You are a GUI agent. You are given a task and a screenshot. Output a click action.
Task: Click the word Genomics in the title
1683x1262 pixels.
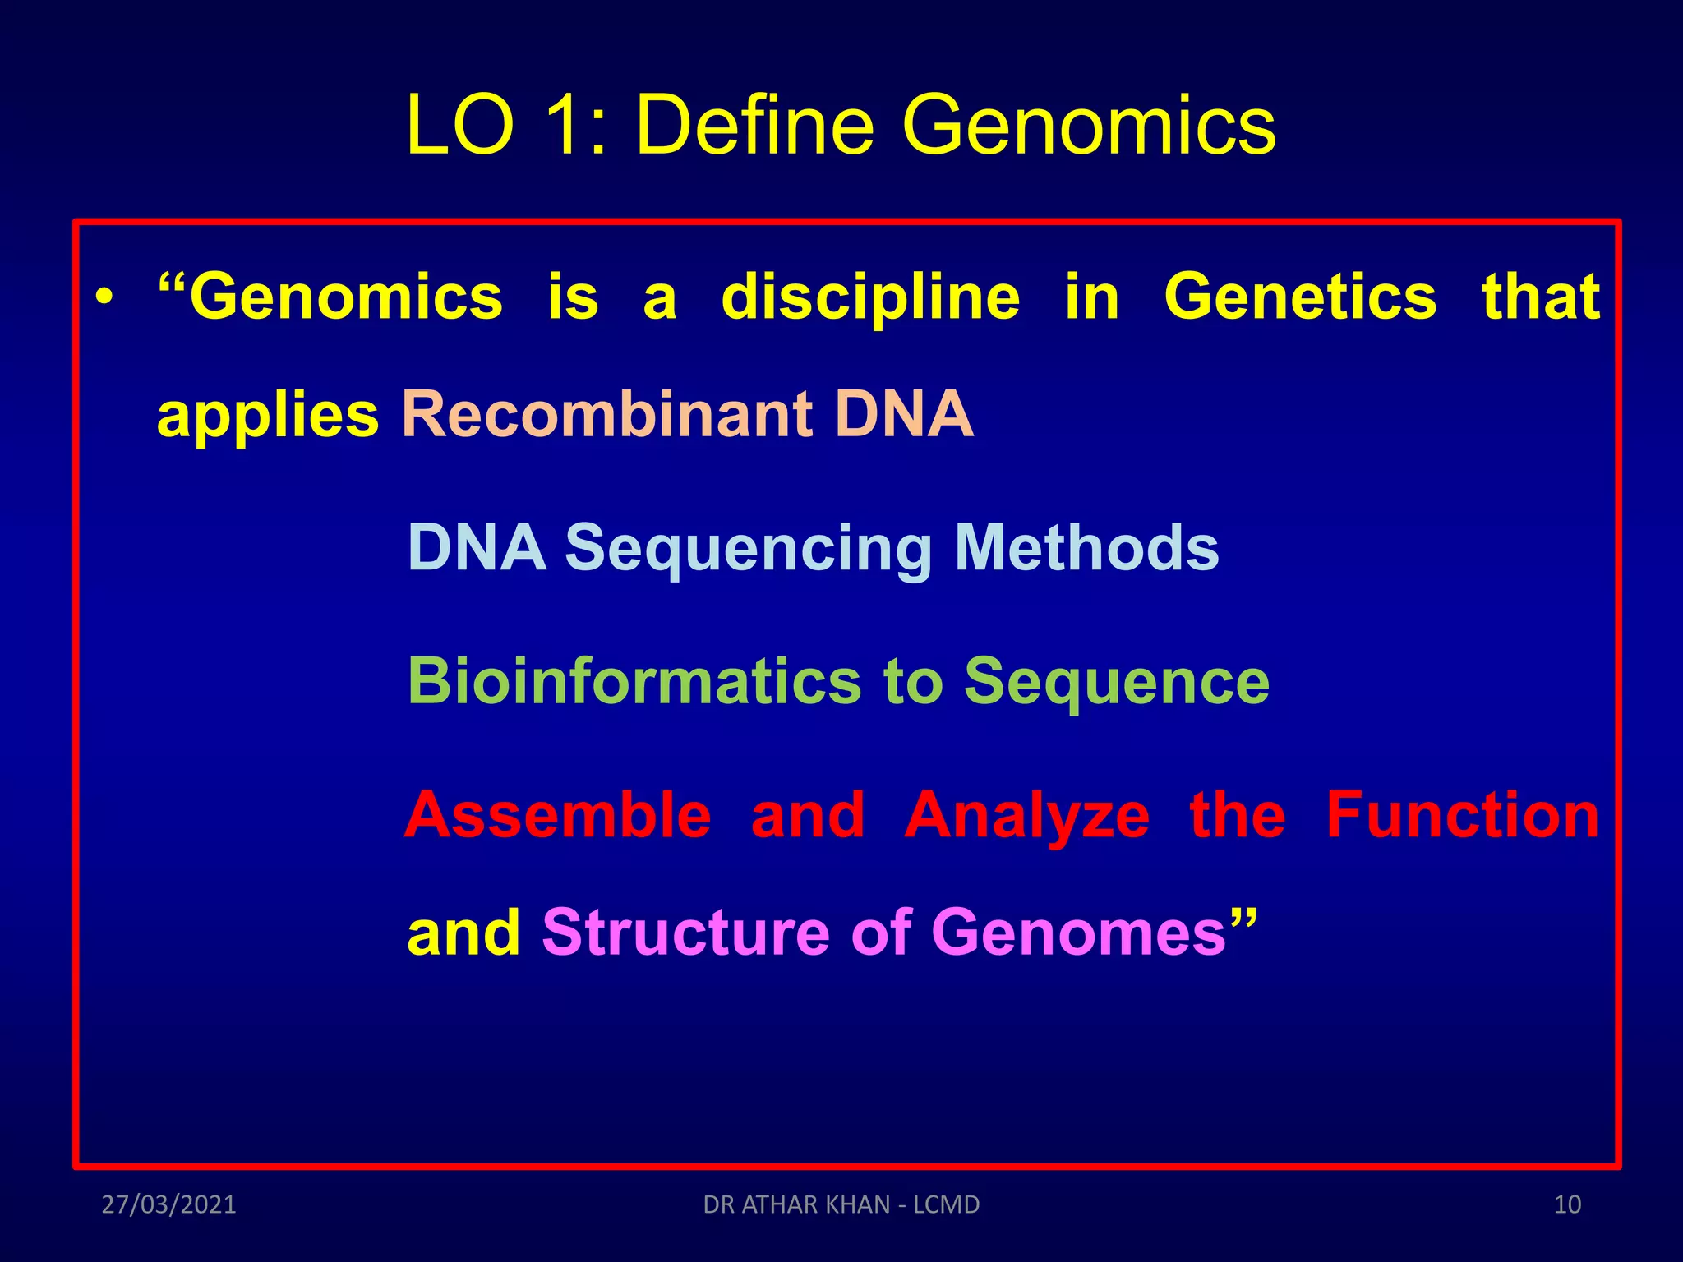tap(1089, 125)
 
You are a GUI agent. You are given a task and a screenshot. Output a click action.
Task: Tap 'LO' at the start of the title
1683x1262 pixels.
tap(460, 125)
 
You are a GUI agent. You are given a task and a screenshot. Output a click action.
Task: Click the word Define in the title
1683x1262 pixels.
tap(754, 125)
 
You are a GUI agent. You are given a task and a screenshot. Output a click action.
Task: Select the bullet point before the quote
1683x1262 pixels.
tap(104, 297)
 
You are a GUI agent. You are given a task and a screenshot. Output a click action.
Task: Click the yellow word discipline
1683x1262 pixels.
tap(870, 297)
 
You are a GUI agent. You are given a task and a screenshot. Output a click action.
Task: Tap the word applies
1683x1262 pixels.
tap(268, 415)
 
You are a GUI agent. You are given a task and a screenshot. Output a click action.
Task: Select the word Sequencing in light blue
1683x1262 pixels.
tap(749, 549)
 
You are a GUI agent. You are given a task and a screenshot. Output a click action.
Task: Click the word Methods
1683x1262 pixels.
tap(1086, 547)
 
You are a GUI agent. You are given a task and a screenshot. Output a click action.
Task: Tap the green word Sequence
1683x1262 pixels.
tap(1116, 683)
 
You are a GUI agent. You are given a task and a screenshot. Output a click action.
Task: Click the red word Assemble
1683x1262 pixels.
tap(558, 815)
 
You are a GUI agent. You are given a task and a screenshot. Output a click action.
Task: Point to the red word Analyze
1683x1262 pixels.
tap(1026, 817)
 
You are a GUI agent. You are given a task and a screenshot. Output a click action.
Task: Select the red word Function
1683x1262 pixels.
tap(1463, 815)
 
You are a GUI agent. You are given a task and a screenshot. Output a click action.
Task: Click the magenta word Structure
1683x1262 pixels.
tap(685, 933)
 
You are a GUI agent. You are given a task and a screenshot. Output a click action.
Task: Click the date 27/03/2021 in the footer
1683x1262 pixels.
tap(168, 1204)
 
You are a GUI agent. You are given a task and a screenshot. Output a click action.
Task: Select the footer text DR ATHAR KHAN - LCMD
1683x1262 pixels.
tap(841, 1204)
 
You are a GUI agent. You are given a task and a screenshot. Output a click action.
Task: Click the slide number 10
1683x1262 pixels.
tap(1567, 1204)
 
